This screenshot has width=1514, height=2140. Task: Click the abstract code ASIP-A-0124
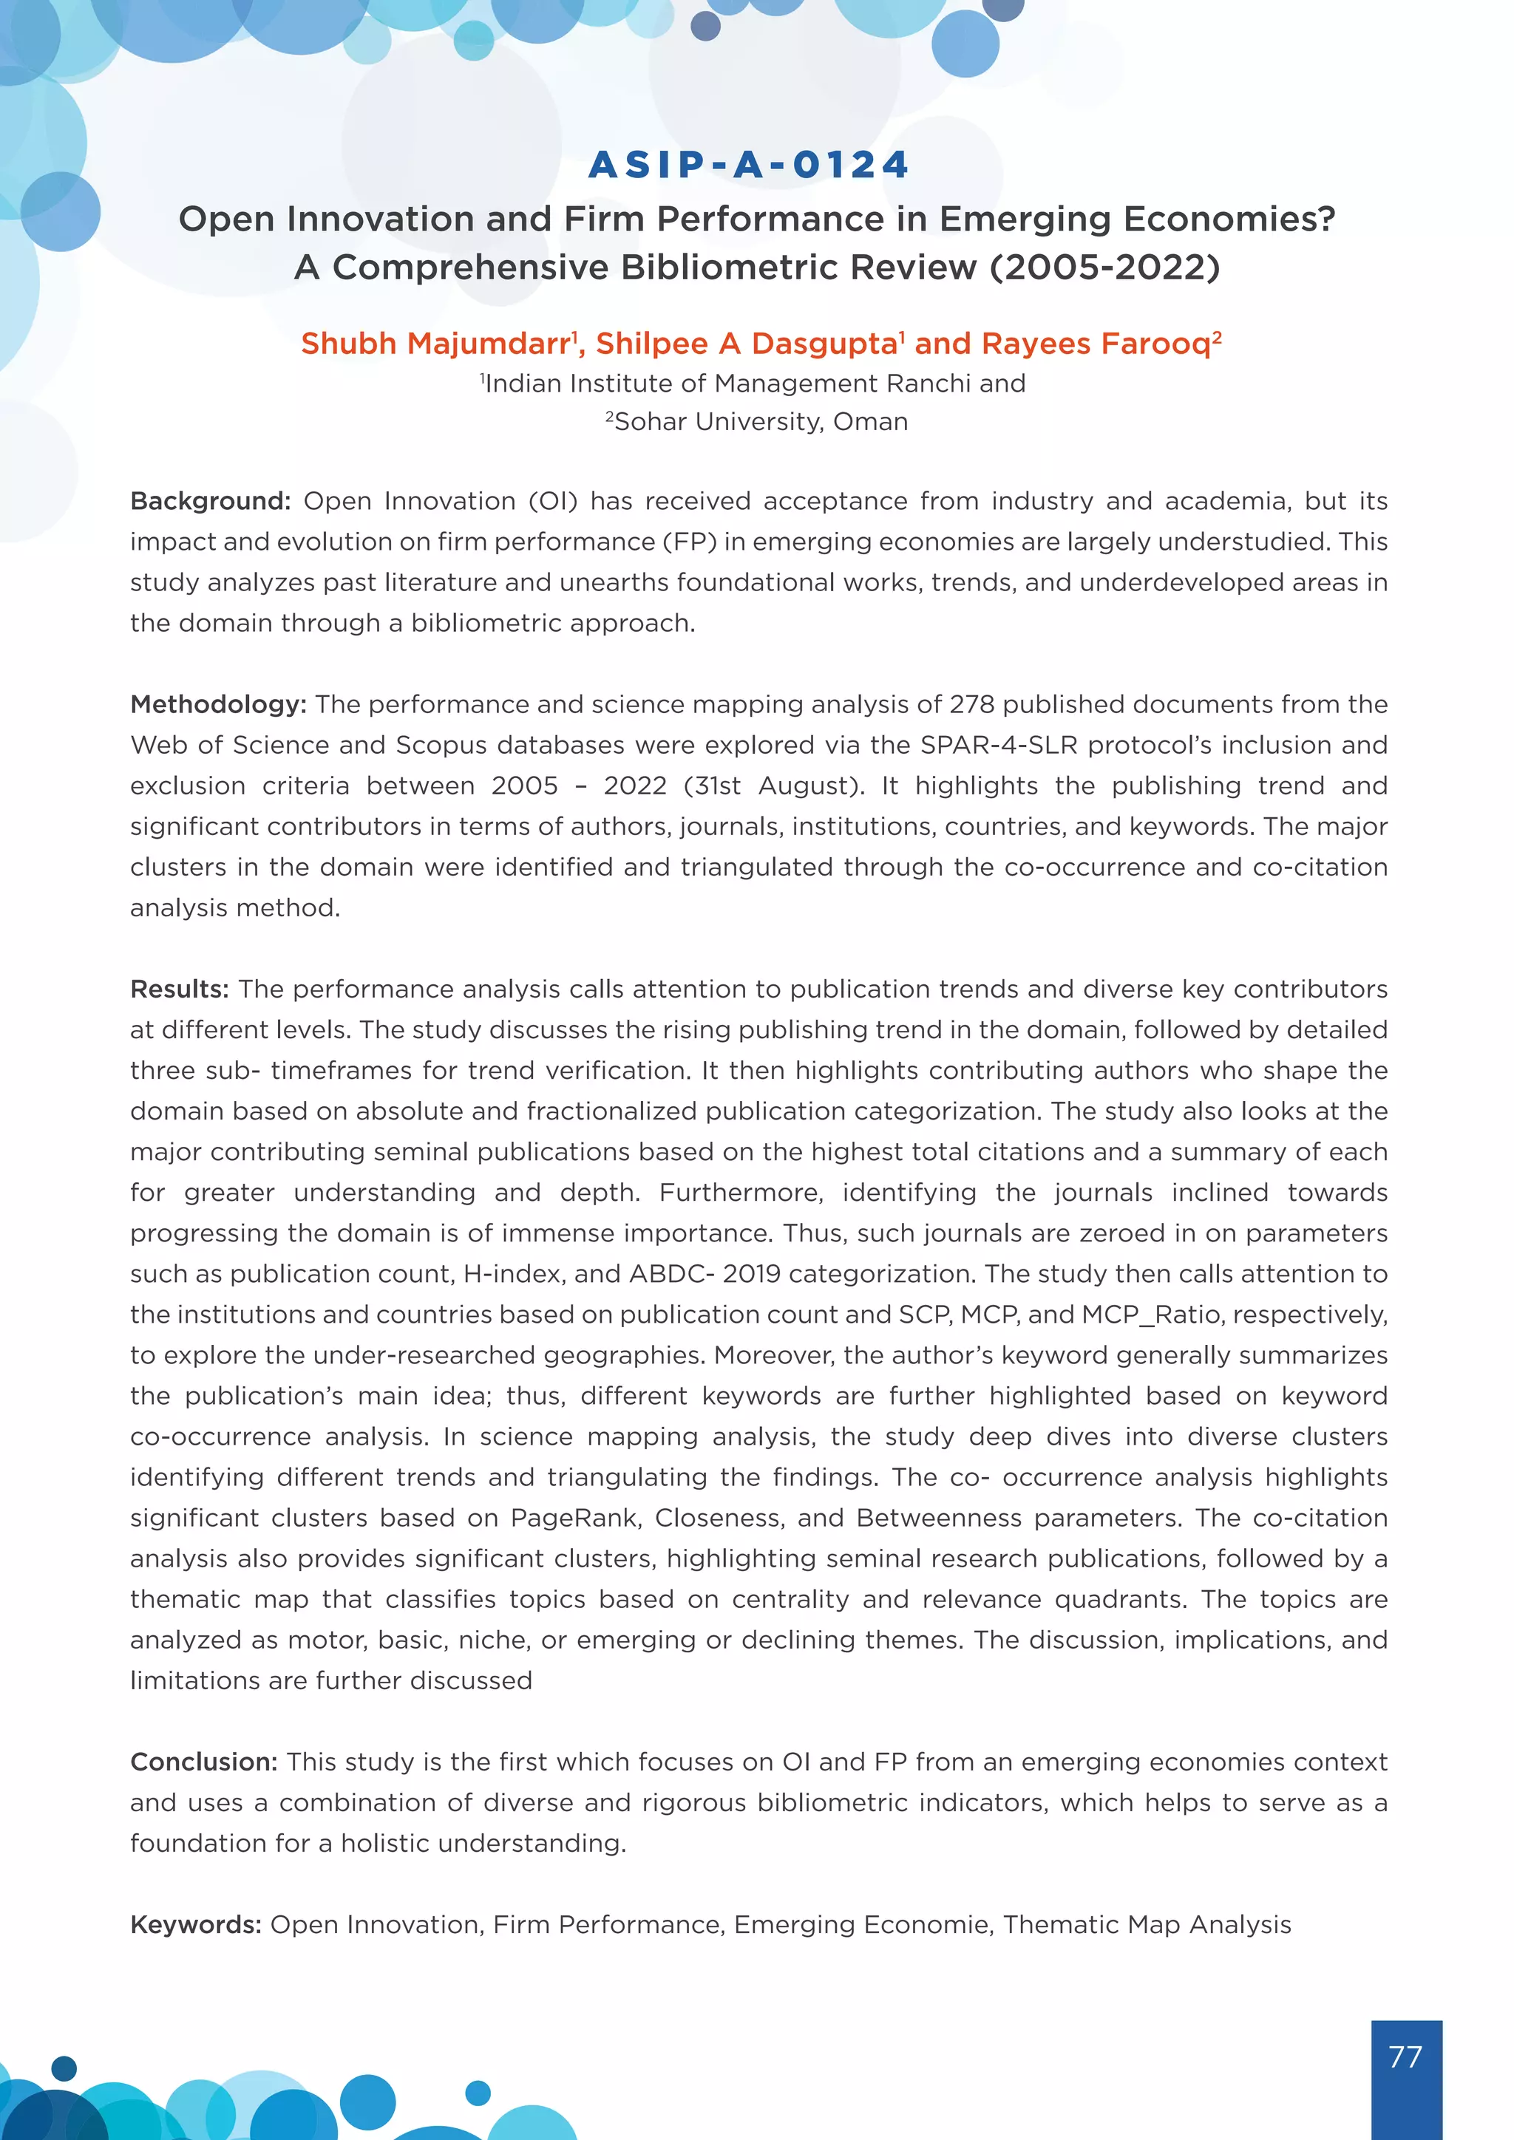pyautogui.click(x=749, y=165)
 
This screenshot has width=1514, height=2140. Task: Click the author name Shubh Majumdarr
pyautogui.click(x=435, y=344)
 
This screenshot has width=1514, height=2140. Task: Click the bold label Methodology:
pyautogui.click(x=218, y=705)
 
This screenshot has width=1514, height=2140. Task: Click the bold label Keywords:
pyautogui.click(x=196, y=1925)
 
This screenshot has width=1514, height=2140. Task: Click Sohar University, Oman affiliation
pyautogui.click(x=761, y=422)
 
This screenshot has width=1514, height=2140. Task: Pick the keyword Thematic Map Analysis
pyautogui.click(x=1147, y=1925)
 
